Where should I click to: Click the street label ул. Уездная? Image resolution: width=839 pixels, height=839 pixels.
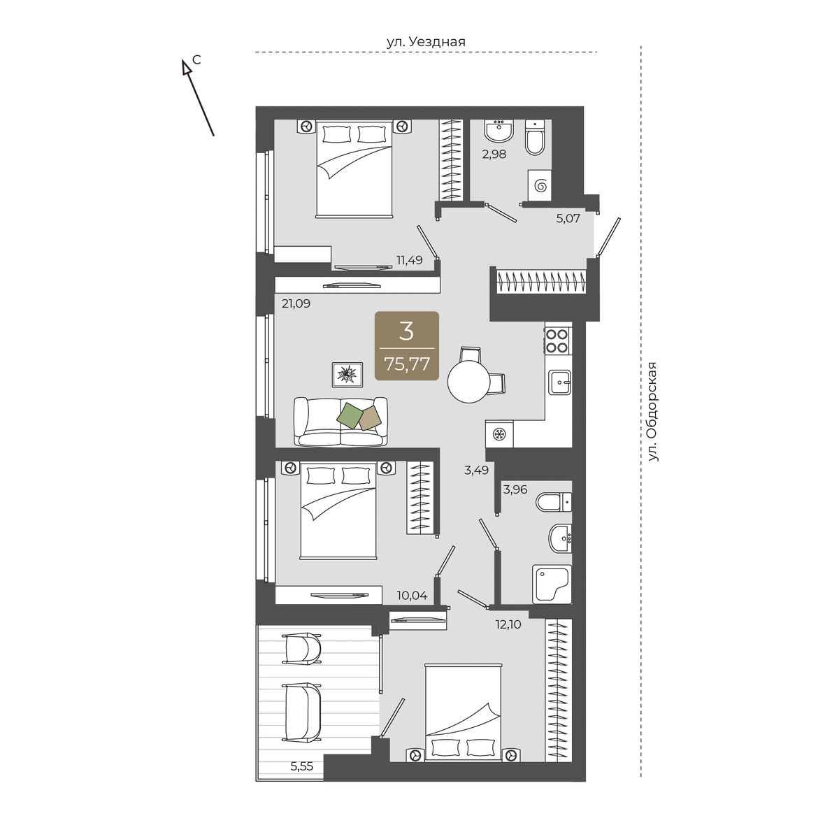(x=426, y=41)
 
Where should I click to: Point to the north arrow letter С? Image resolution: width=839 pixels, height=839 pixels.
(x=196, y=60)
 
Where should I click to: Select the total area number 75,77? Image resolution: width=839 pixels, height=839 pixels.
(x=407, y=363)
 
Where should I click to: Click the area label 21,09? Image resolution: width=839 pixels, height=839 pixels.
(x=296, y=303)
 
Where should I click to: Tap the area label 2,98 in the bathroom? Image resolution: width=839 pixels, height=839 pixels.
(x=494, y=154)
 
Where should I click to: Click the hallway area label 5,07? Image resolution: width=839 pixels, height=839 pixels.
(x=568, y=218)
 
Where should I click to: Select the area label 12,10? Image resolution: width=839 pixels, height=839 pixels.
(x=508, y=625)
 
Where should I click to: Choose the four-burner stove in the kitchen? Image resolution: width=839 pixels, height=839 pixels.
(x=557, y=341)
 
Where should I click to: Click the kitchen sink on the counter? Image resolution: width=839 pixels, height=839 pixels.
(x=559, y=382)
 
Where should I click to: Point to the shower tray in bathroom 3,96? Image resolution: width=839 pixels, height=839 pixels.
(x=552, y=584)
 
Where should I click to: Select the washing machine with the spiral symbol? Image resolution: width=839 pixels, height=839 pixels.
(x=540, y=186)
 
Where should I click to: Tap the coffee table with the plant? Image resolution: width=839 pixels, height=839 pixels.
(x=347, y=375)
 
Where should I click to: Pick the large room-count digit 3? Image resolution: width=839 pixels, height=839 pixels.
(x=406, y=331)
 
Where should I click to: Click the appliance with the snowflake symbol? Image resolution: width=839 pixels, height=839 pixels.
(x=499, y=433)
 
